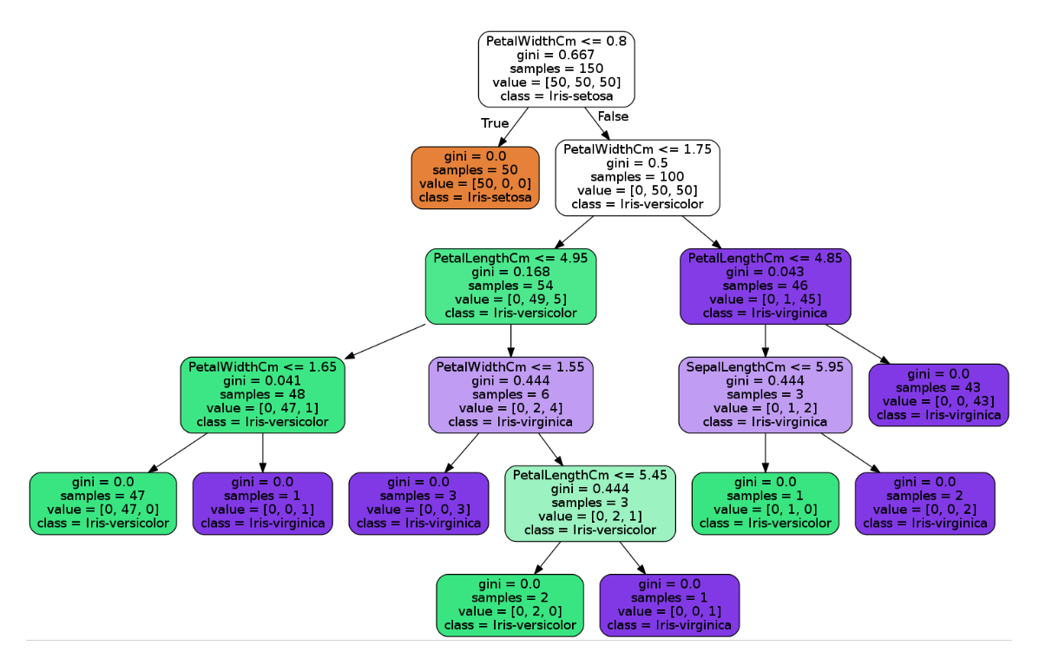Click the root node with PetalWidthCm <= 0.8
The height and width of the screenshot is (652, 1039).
click(556, 69)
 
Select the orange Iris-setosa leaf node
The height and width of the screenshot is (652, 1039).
click(475, 177)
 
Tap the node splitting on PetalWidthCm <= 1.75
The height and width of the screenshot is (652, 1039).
click(637, 177)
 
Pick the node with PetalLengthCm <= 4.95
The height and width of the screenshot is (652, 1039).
click(510, 286)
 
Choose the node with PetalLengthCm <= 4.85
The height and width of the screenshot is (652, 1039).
click(765, 286)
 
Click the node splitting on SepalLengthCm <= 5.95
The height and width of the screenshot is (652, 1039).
click(765, 394)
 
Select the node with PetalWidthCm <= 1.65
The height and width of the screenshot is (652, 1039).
click(262, 394)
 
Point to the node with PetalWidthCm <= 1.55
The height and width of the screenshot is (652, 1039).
click(510, 394)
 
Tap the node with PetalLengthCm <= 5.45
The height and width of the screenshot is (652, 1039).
click(589, 503)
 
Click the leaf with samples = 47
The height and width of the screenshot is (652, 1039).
click(102, 503)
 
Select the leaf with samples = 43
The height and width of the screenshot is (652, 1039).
click(938, 394)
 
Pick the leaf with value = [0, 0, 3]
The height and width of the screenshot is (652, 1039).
click(418, 503)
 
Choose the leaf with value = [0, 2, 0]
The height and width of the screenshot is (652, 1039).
click(510, 604)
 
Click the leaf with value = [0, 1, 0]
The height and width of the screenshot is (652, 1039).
click(765, 503)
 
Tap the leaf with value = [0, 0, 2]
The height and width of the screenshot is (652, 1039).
click(924, 503)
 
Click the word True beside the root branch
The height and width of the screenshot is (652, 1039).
click(495, 123)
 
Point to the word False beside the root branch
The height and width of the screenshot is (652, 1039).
click(613, 116)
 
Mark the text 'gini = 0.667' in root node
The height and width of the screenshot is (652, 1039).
click(556, 55)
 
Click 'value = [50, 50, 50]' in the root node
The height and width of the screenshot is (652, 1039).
click(556, 82)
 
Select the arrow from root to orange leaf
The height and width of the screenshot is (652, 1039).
click(515, 126)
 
